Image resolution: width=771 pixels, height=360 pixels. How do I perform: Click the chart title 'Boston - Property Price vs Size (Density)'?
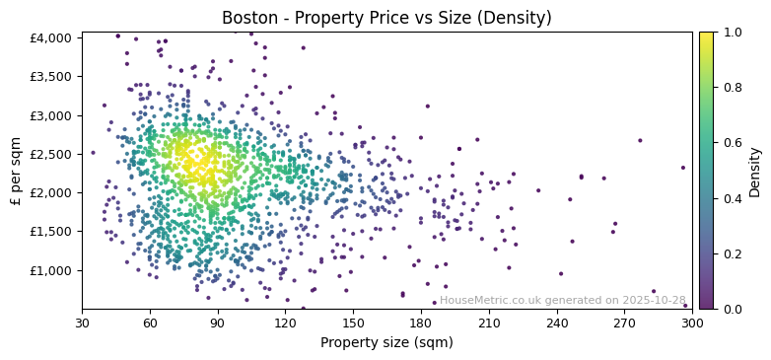tap(386, 18)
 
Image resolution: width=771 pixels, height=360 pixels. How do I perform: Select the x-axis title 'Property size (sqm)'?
tap(386, 342)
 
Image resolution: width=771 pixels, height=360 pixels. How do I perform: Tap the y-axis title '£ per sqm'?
tap(17, 171)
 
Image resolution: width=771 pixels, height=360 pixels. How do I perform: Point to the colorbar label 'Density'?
tap(755, 171)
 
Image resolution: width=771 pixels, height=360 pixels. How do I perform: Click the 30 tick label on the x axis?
tap(82, 322)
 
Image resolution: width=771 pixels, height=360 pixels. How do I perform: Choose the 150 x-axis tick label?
tap(353, 322)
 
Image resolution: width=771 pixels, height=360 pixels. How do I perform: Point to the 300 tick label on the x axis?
tap(692, 322)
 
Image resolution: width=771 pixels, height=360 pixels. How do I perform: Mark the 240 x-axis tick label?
tap(557, 322)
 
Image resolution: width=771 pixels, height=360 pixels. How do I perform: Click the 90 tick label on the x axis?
tap(218, 322)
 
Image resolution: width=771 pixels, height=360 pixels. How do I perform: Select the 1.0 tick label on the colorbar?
tap(732, 33)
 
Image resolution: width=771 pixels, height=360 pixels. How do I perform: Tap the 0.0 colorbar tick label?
tap(732, 309)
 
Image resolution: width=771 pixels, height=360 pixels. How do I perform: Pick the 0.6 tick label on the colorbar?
tap(732, 143)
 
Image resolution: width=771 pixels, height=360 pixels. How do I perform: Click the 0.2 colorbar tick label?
tap(732, 253)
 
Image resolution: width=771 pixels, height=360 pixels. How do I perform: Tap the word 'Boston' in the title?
tap(246, 18)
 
